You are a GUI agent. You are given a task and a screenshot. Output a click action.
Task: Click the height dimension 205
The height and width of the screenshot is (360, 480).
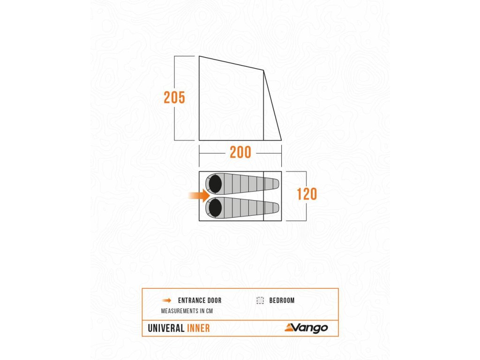tap(174, 97)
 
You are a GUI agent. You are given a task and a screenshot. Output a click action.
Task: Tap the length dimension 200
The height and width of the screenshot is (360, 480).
tap(240, 152)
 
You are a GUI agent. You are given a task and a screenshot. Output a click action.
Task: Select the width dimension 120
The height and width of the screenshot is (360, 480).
tap(307, 194)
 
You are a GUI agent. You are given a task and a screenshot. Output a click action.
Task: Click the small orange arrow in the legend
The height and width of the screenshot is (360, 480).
tap(166, 300)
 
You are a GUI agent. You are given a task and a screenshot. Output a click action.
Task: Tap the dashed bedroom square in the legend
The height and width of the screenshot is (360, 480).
tap(260, 300)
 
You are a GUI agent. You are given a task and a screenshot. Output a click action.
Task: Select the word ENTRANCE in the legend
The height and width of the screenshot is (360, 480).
tap(192, 300)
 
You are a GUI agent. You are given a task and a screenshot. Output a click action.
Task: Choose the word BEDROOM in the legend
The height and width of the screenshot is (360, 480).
tap(282, 300)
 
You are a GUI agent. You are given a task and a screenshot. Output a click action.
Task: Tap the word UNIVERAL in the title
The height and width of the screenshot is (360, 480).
tap(166, 328)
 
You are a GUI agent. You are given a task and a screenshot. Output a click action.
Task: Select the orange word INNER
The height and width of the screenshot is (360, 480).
tap(198, 328)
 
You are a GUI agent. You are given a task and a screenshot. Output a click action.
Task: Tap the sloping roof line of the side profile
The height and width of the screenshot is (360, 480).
tap(231, 63)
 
